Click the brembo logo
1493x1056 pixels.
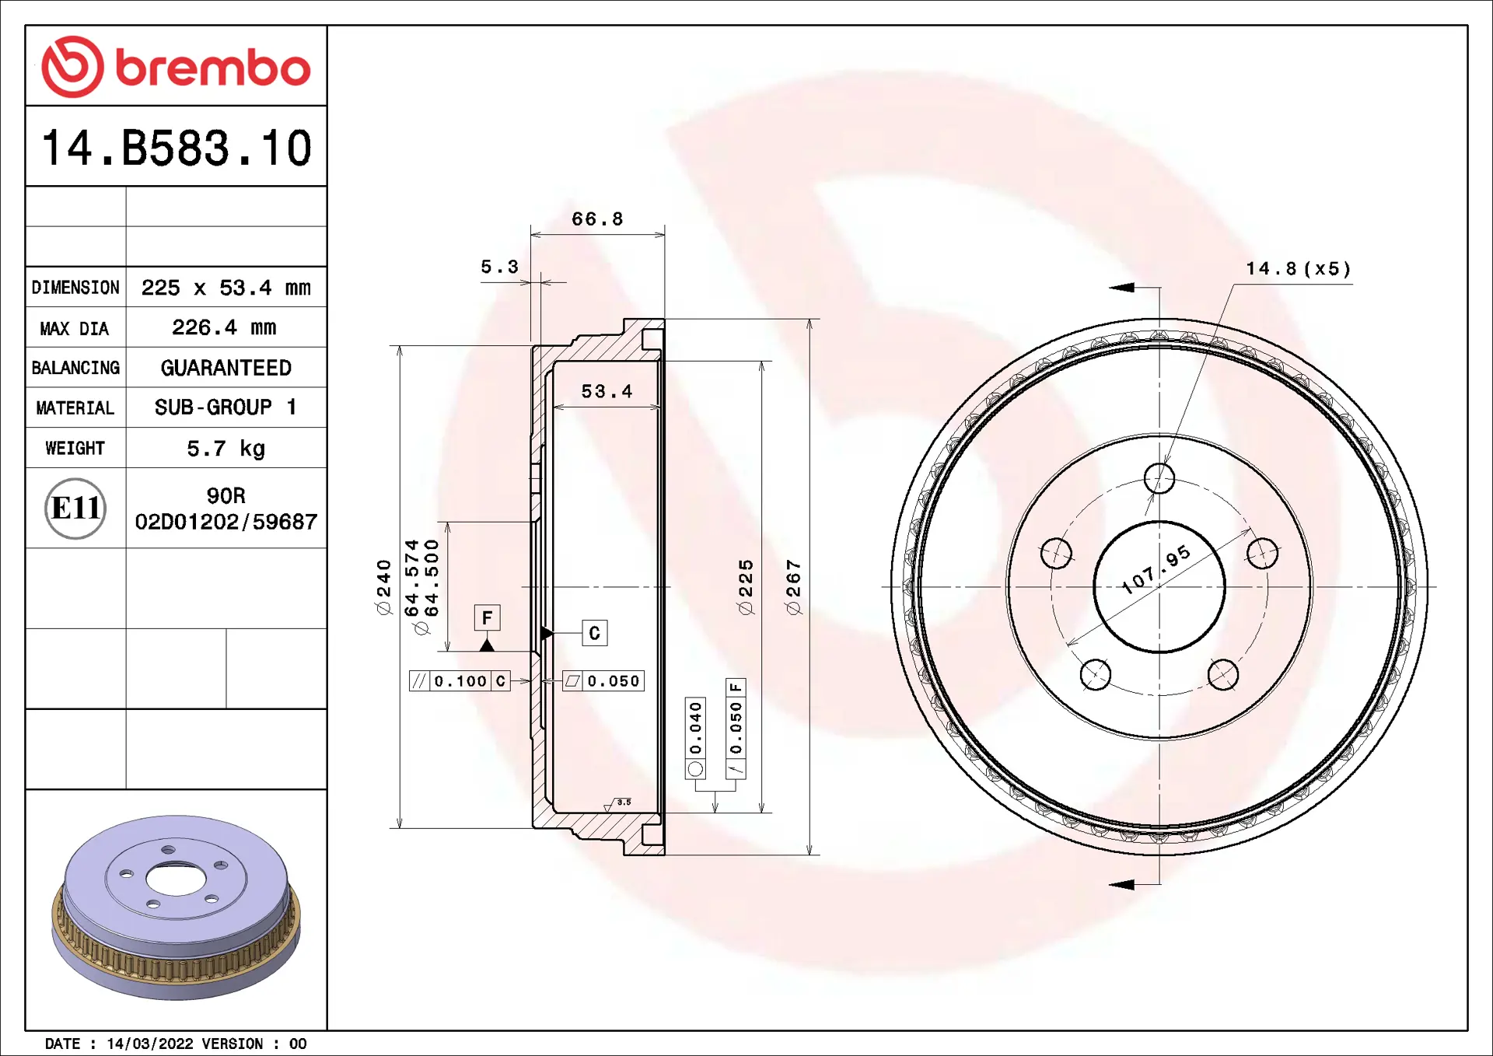coord(176,67)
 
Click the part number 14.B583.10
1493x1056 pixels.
coord(177,148)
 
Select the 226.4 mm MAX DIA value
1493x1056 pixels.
coord(225,327)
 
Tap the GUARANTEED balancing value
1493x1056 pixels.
coord(226,368)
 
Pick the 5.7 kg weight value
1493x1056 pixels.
coord(226,449)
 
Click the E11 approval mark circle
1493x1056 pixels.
coord(75,509)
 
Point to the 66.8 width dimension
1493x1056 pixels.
coord(597,219)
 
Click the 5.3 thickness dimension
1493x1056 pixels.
coord(499,267)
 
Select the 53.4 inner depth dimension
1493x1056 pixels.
coord(607,391)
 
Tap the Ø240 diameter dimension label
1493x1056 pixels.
coord(384,587)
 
